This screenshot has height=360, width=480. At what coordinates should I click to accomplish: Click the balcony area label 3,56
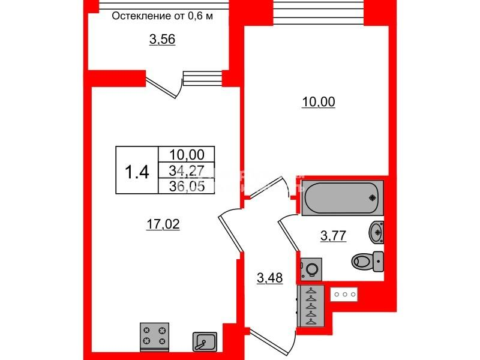pyautogui.click(x=162, y=40)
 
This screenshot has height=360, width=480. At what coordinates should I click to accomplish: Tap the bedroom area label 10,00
pyautogui.click(x=319, y=102)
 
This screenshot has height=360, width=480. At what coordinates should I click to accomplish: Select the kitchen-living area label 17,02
pyautogui.click(x=163, y=224)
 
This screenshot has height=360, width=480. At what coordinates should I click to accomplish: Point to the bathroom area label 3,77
pyautogui.click(x=333, y=236)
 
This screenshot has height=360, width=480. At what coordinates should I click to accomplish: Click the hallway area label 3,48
pyautogui.click(x=269, y=278)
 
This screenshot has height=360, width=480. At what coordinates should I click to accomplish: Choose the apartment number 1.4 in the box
pyautogui.click(x=137, y=172)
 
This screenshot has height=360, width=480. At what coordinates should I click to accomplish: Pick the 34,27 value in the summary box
pyautogui.click(x=187, y=170)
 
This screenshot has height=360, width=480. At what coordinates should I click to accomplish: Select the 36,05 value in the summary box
pyautogui.click(x=187, y=186)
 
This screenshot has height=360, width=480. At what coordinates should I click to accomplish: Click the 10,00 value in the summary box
pyautogui.click(x=187, y=155)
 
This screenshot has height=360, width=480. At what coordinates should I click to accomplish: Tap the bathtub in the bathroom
pyautogui.click(x=343, y=198)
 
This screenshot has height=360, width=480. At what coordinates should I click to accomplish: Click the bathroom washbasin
pyautogui.click(x=377, y=232)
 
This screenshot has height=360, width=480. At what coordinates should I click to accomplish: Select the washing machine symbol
pyautogui.click(x=311, y=269)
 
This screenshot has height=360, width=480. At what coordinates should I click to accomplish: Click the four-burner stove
pyautogui.click(x=154, y=337)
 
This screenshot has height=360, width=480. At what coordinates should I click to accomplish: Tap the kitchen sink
pyautogui.click(x=205, y=341)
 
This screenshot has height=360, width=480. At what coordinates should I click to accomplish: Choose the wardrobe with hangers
pyautogui.click(x=311, y=306)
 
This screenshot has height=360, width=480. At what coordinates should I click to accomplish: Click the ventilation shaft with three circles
pyautogui.click(x=344, y=295)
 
